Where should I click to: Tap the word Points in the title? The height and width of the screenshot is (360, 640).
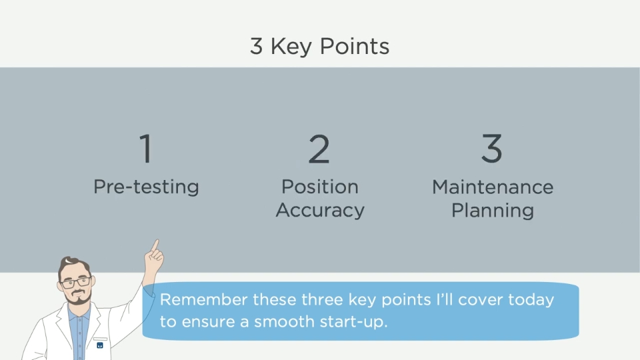click(354, 46)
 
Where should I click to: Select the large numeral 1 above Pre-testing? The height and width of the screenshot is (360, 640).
click(146, 149)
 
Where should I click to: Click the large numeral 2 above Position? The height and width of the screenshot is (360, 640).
click(319, 149)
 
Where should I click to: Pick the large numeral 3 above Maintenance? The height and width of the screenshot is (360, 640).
click(492, 149)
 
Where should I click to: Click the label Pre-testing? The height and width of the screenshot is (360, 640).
click(146, 187)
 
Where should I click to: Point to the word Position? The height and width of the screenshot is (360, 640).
click(320, 187)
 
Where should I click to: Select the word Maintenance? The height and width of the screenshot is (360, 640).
click(493, 187)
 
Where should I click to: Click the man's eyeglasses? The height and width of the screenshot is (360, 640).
click(76, 282)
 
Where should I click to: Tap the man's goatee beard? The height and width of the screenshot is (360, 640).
click(78, 299)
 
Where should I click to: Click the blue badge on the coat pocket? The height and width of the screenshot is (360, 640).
click(100, 345)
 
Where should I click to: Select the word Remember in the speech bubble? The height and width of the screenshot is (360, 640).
click(204, 299)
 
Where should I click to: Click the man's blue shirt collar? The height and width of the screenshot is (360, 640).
click(79, 313)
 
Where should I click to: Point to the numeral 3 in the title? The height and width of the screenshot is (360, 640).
click(256, 46)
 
